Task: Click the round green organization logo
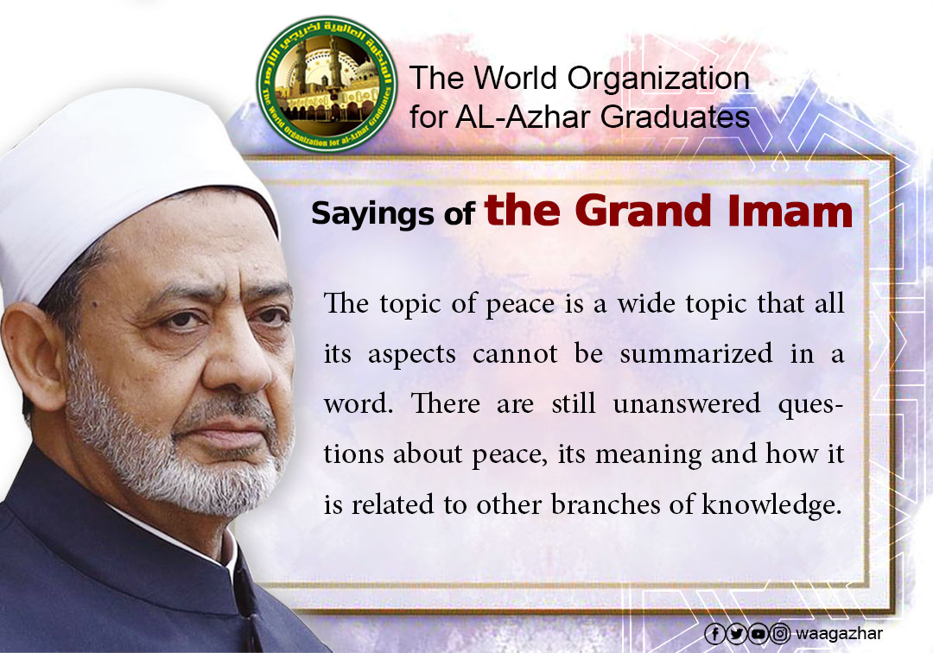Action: tap(327, 83)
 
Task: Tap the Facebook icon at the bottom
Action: tap(714, 634)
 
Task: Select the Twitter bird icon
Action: tap(737, 634)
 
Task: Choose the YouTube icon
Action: tap(758, 634)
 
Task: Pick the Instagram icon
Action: tap(779, 634)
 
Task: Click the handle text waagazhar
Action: tap(839, 634)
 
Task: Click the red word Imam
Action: tap(789, 211)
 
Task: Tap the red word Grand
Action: tap(644, 211)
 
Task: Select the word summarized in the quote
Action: tap(696, 353)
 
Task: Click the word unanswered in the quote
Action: tap(687, 404)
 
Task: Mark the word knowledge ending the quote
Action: tap(771, 505)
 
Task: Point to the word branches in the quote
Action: tap(606, 504)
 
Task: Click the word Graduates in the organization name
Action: tap(675, 117)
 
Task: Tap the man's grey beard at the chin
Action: tap(232, 482)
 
